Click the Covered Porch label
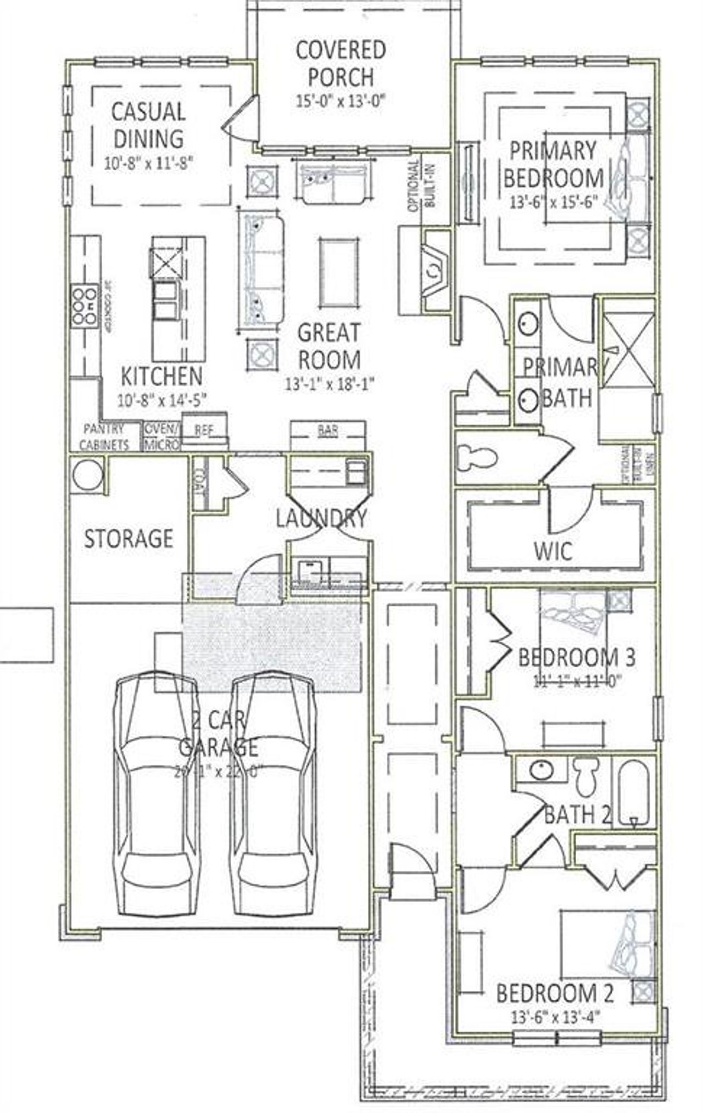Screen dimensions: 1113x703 click(340, 63)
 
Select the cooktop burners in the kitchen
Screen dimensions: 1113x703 click(84, 305)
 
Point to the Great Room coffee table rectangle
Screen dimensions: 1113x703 click(338, 273)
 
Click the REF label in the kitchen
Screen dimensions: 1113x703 click(204, 430)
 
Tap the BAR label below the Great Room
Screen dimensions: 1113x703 click(327, 430)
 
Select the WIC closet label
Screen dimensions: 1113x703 click(553, 551)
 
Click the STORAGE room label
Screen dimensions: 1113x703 click(128, 538)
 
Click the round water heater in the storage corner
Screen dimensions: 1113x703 click(87, 474)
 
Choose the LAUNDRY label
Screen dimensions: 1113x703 click(321, 518)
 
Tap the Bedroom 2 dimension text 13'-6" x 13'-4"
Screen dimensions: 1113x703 click(555, 1017)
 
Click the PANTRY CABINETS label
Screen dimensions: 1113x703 click(104, 437)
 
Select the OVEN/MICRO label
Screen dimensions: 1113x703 click(161, 436)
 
